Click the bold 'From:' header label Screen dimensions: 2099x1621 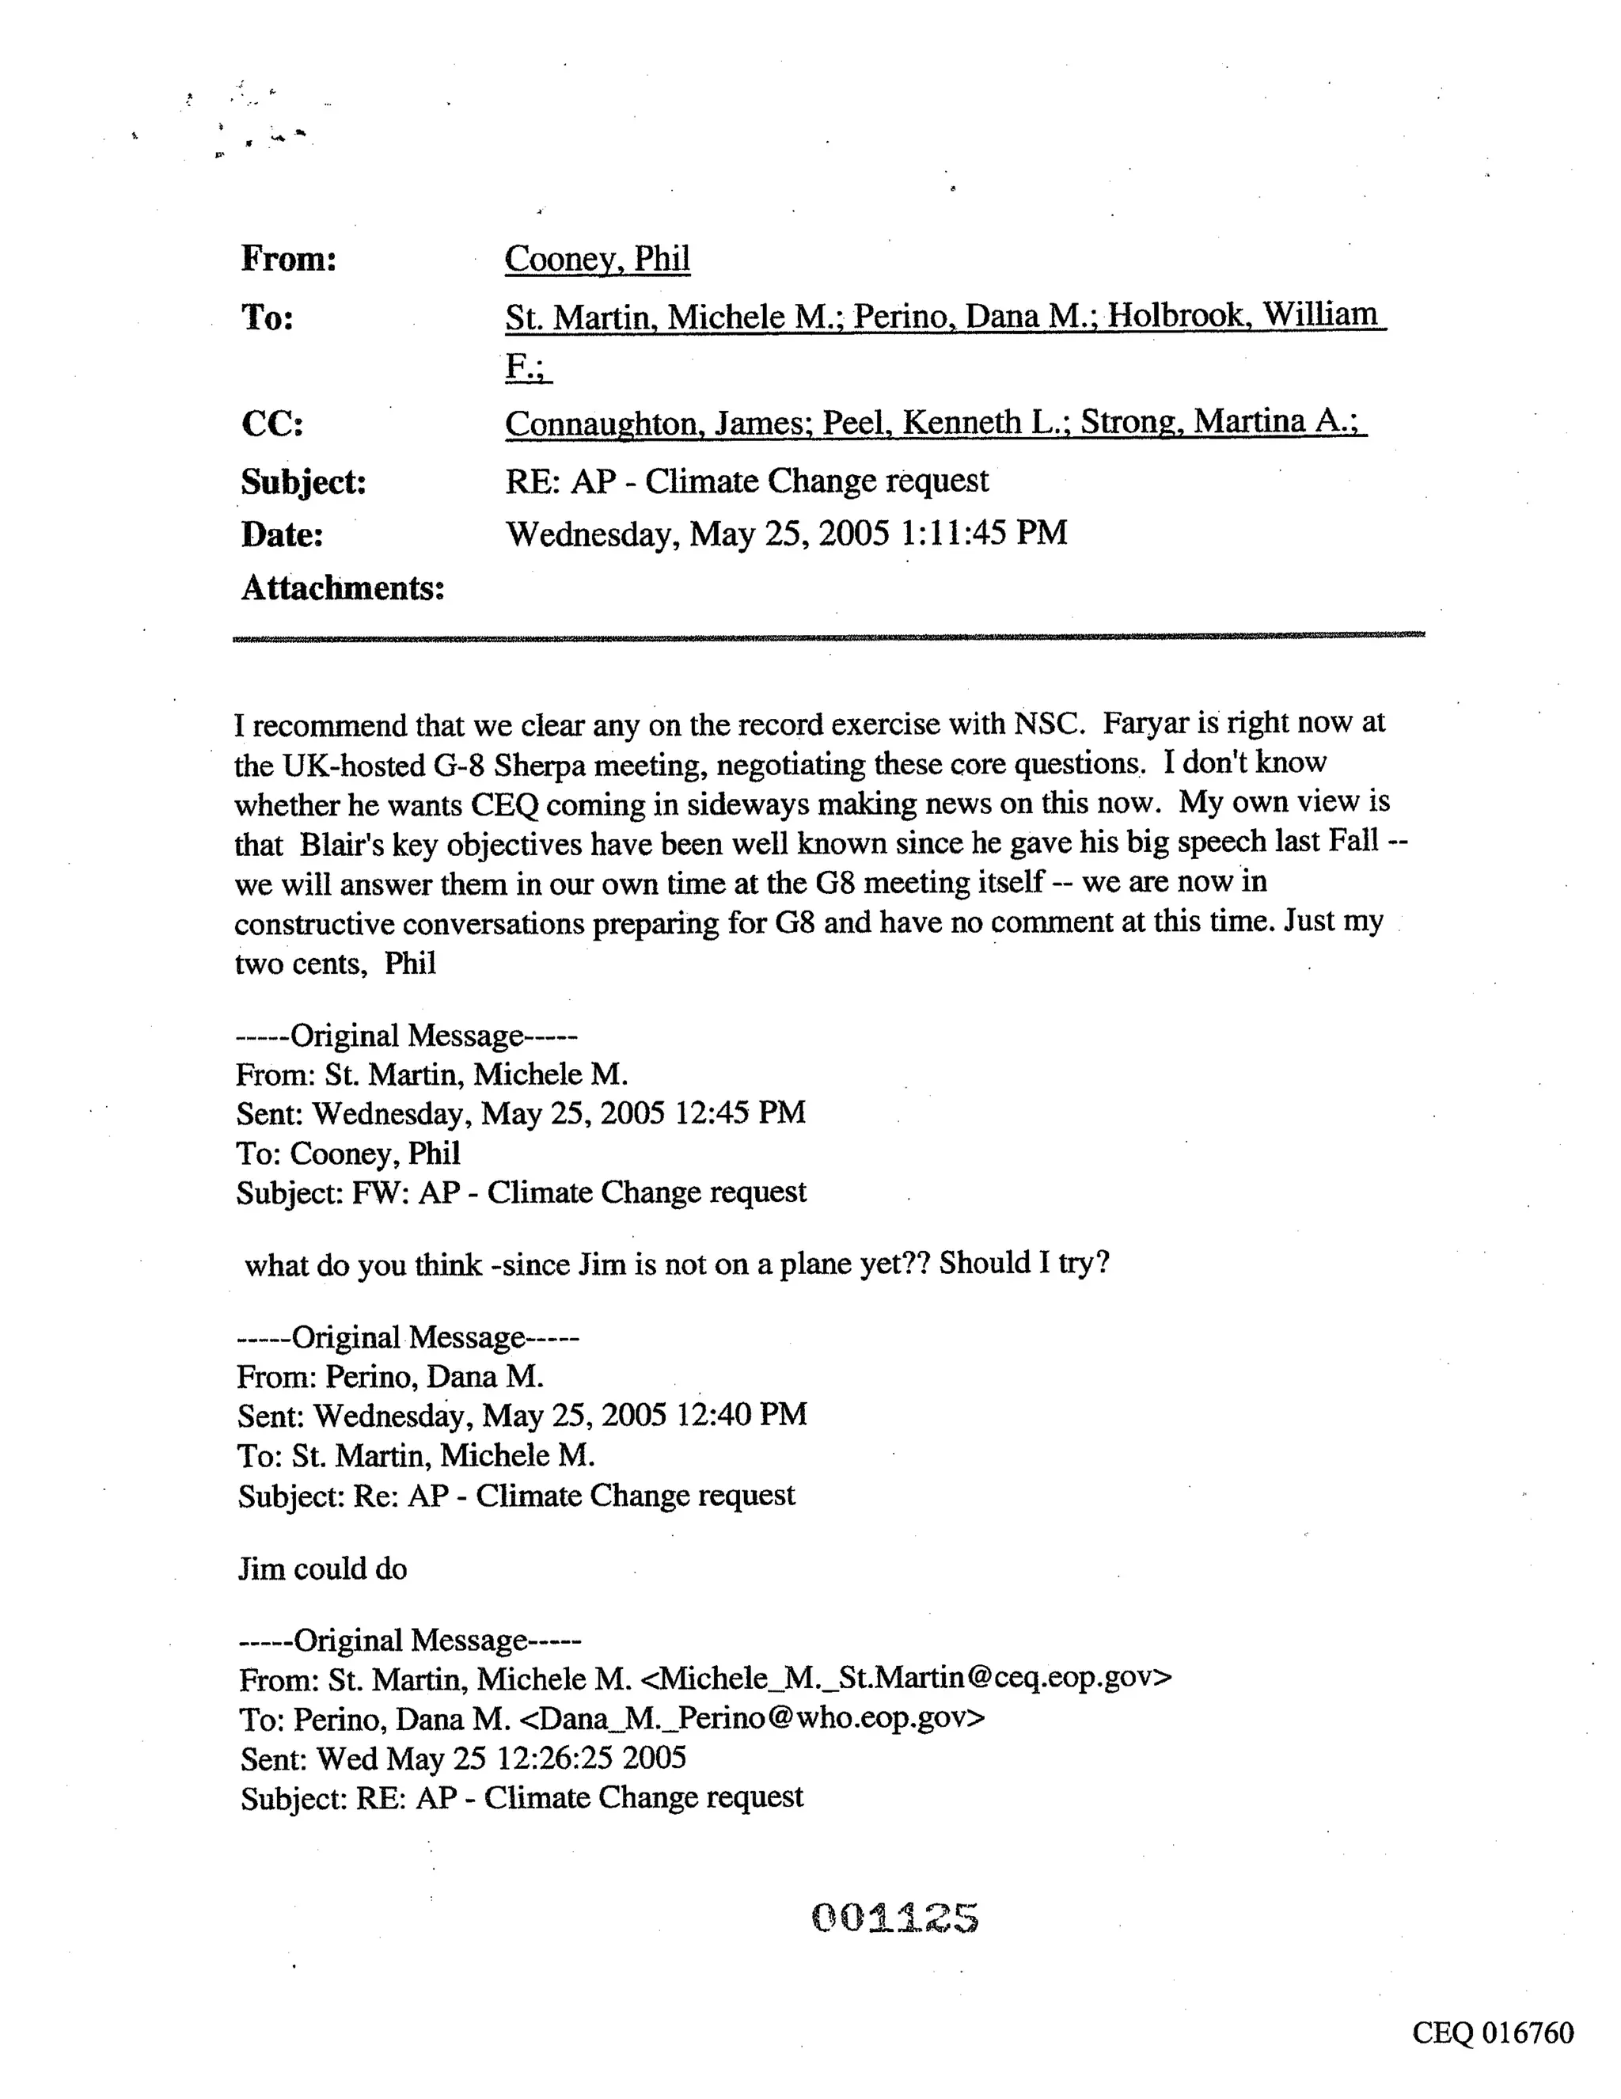[288, 260]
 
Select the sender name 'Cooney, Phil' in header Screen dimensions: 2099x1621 [597, 259]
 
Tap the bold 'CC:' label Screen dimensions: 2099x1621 [272, 424]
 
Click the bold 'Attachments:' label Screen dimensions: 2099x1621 [343, 588]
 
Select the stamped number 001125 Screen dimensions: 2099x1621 [894, 1918]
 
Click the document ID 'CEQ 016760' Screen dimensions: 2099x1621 [1492, 2032]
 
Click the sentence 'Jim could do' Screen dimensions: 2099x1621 [323, 1569]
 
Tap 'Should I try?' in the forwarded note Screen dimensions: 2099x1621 [1024, 1263]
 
